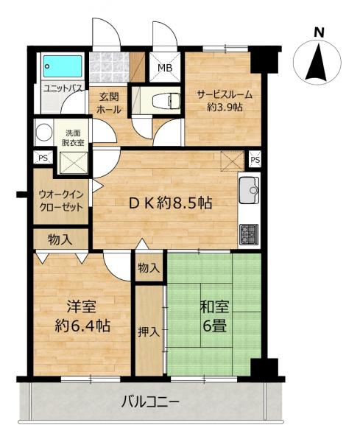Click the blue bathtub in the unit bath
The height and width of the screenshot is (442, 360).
[63, 66]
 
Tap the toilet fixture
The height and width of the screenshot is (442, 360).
[166, 101]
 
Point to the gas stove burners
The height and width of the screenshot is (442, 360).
[249, 235]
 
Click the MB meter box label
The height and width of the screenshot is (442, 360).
[165, 68]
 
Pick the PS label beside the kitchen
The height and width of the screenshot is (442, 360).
[255, 160]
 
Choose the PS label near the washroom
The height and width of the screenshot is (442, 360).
[43, 158]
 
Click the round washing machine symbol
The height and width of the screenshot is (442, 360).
[44, 132]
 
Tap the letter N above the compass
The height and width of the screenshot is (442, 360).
[319, 32]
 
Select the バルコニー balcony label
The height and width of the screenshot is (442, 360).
[150, 401]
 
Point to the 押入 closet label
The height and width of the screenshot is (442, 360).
[149, 332]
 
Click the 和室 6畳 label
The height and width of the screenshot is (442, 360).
[214, 316]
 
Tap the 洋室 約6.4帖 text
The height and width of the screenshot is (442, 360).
[82, 317]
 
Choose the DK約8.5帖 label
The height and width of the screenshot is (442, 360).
[170, 203]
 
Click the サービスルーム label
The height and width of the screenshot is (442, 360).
[225, 101]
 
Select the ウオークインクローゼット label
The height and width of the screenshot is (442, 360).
[61, 200]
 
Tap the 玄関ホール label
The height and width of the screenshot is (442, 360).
[109, 103]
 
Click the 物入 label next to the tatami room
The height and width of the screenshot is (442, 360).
[149, 268]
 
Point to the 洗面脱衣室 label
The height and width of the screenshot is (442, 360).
[73, 138]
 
